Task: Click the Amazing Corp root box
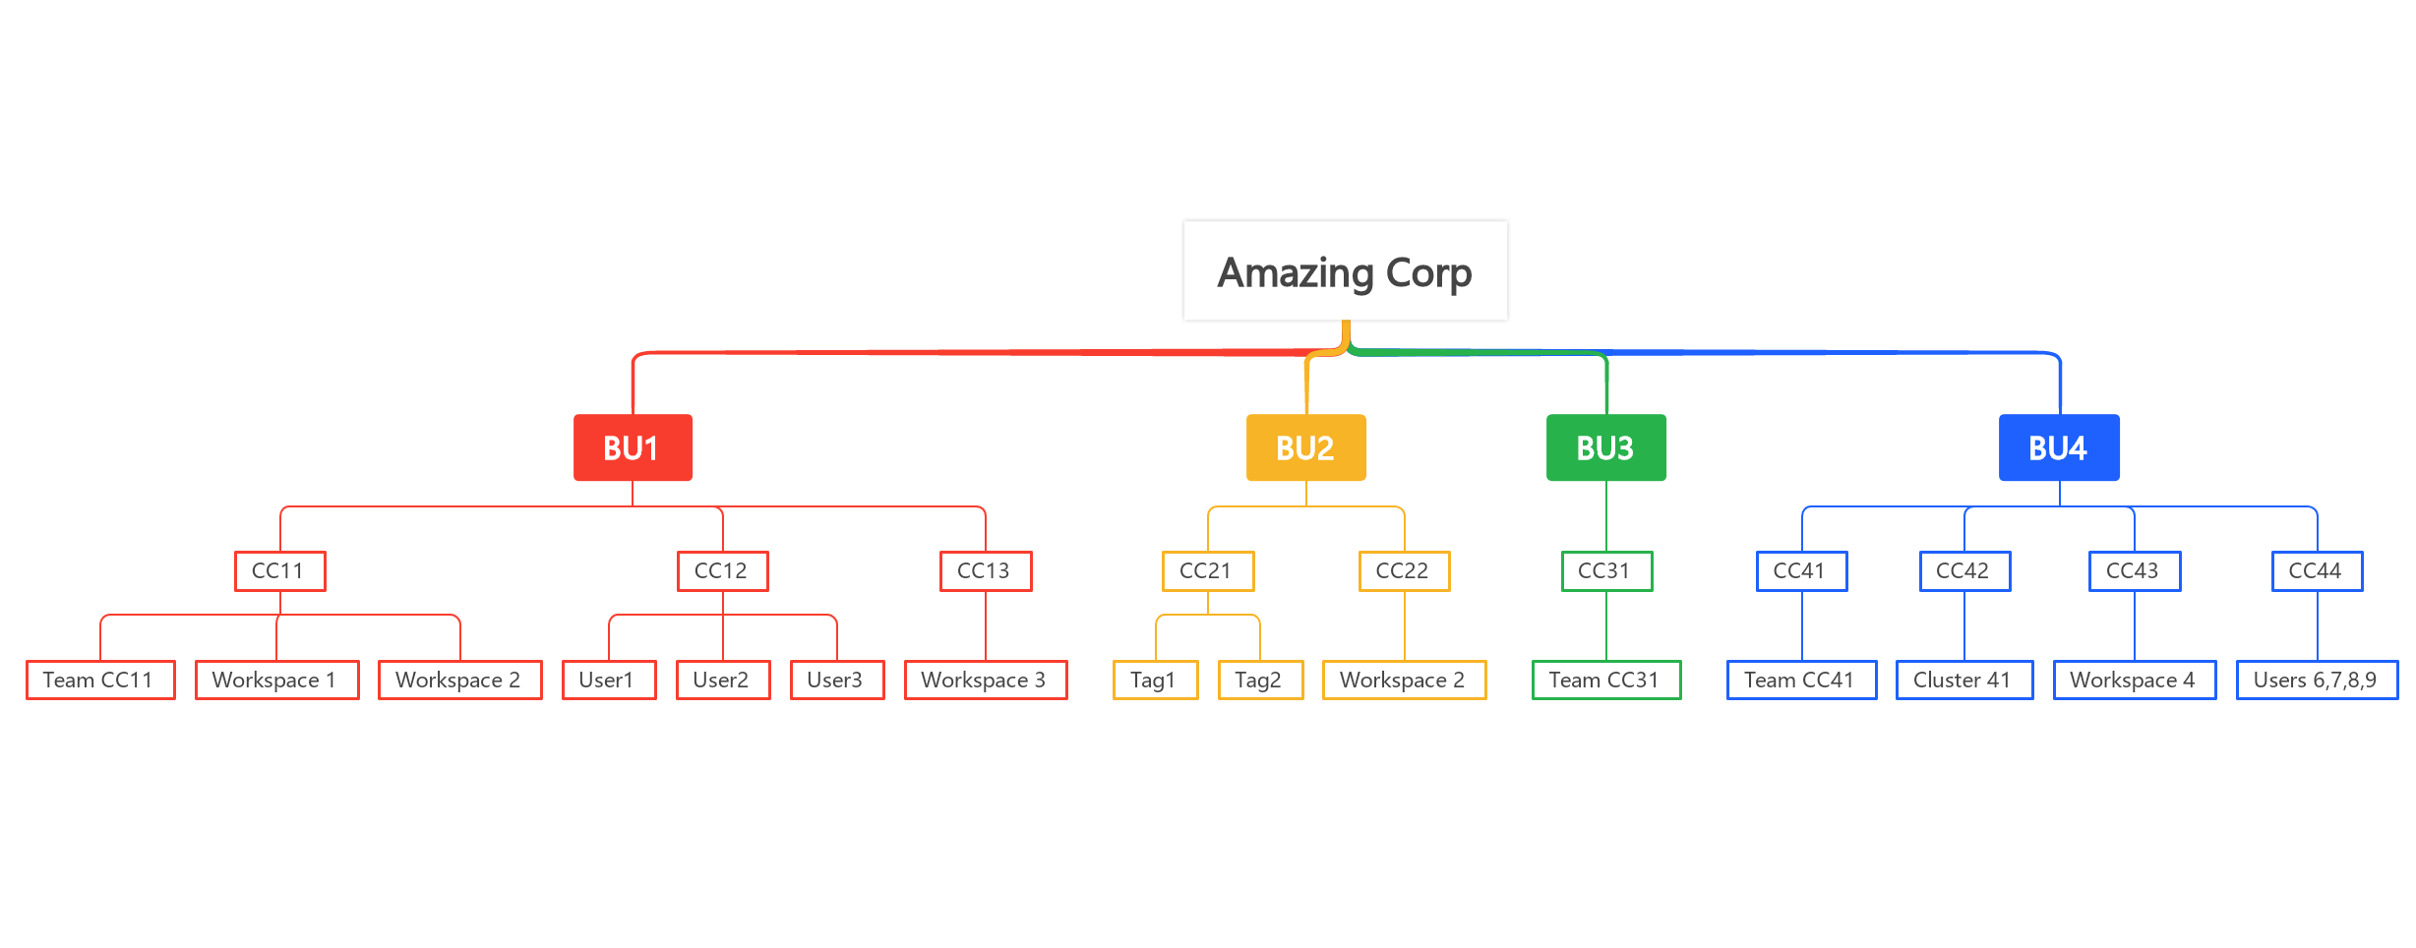click(1345, 271)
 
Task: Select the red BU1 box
click(633, 447)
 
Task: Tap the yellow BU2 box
click(1305, 447)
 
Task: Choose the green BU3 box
click(1605, 447)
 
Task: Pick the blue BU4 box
click(2058, 447)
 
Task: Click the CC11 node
click(279, 570)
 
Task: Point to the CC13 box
click(985, 570)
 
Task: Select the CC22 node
click(1404, 570)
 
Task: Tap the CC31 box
click(1606, 570)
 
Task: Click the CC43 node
click(2134, 570)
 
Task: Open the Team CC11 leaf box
click(100, 680)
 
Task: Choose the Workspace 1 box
click(276, 680)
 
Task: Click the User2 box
click(722, 680)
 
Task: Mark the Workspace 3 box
click(985, 680)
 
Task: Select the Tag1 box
click(1155, 680)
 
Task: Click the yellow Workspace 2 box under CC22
click(1404, 680)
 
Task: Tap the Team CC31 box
click(1605, 680)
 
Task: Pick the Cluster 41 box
click(1963, 680)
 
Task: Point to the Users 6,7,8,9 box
click(2317, 680)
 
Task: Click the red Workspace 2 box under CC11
click(459, 680)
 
